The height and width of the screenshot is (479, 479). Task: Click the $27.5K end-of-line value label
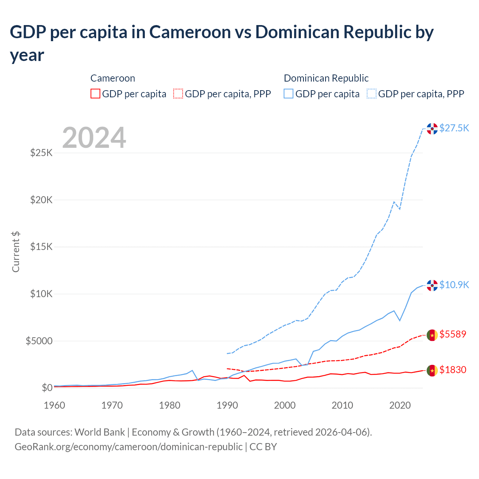454,128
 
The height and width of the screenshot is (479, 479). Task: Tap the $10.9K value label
454,285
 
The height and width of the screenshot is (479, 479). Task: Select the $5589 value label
453,334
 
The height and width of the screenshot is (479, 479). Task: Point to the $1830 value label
453,370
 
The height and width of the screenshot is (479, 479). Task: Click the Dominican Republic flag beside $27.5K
432,128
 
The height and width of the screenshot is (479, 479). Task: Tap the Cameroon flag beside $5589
432,335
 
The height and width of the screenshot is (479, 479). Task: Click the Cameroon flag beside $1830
432,370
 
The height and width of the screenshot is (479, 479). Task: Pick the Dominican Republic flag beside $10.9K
432,285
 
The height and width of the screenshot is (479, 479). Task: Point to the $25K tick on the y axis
41,153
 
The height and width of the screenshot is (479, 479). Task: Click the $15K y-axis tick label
41,247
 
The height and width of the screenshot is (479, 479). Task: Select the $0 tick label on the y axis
47,388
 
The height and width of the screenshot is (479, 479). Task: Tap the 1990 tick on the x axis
227,405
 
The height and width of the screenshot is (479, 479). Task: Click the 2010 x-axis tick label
342,405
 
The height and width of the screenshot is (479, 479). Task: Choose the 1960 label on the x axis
55,405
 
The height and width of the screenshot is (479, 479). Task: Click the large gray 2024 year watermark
94,138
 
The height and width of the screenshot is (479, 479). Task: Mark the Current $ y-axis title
16,251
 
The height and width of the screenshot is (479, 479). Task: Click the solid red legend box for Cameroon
95,94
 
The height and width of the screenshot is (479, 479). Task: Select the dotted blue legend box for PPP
372,94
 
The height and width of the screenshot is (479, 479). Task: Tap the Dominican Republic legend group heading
326,78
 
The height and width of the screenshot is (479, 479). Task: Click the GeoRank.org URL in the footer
128,447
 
